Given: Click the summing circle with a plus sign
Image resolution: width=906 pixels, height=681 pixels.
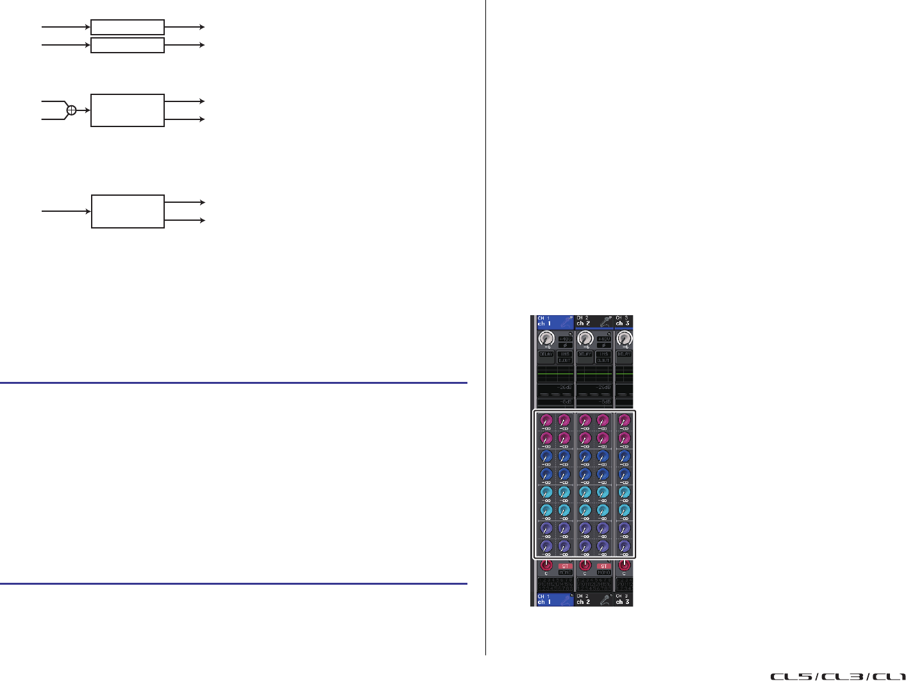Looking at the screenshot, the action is click(x=71, y=110).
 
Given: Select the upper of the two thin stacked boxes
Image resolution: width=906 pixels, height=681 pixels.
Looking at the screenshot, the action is click(x=128, y=27).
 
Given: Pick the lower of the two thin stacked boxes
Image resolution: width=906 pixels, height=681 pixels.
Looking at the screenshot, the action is click(x=128, y=45).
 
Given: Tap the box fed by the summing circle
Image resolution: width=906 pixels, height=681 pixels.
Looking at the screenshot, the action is click(x=128, y=110).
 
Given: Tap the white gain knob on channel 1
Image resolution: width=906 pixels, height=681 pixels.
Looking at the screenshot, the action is click(x=546, y=338).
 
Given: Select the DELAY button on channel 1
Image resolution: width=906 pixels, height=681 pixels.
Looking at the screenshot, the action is click(x=546, y=354).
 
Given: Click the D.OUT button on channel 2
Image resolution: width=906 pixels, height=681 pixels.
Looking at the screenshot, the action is click(x=603, y=361).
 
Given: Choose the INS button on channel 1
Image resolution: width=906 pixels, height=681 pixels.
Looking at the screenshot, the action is click(x=564, y=354).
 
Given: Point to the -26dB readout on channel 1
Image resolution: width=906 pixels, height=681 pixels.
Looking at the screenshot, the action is click(x=564, y=388).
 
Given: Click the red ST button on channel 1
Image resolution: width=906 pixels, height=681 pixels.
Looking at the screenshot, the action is click(x=564, y=566).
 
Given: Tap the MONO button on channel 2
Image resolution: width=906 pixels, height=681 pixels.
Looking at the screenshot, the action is click(x=603, y=573).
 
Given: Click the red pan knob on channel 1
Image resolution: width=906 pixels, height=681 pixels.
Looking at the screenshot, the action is click(x=546, y=565).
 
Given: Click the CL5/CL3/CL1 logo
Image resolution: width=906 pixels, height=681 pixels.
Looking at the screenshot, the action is click(x=837, y=676).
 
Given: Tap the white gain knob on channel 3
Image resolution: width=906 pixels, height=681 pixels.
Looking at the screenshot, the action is click(x=624, y=338).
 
